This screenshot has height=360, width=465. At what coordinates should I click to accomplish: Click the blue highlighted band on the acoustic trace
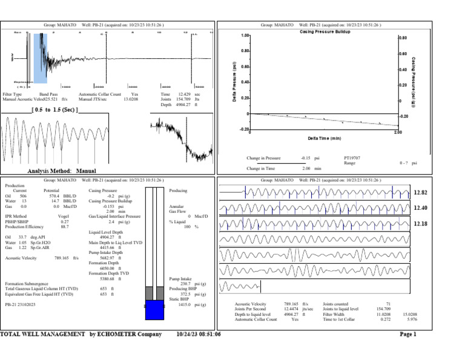41,58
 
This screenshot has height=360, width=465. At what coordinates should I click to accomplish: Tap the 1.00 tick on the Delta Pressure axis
245,36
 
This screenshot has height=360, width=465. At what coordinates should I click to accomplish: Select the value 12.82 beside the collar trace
421,193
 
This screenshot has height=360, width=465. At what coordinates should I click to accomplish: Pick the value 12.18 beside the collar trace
421,224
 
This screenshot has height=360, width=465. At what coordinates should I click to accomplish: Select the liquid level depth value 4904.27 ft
110,237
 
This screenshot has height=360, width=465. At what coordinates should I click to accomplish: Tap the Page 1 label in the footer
407,334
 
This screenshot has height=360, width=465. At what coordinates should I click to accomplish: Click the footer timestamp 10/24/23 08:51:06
199,334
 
